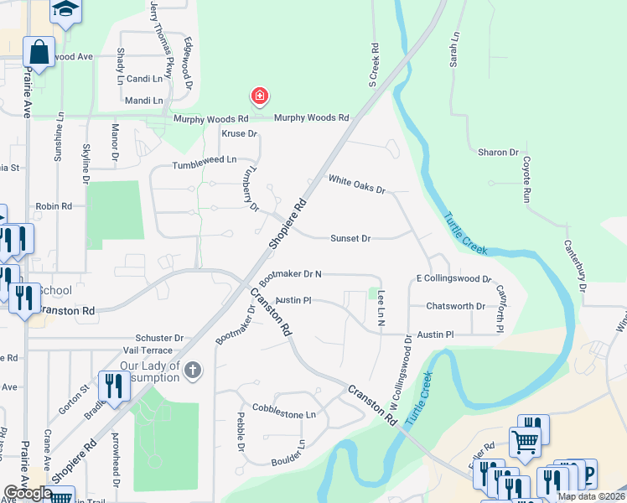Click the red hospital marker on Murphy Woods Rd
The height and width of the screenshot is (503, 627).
tap(260, 97)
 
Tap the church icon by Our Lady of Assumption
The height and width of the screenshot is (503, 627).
tap(194, 371)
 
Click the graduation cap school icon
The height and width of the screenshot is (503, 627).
tap(65, 9)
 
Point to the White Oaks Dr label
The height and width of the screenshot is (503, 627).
tap(356, 184)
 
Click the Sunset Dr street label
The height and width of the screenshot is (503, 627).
tap(350, 239)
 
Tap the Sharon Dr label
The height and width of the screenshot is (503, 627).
tap(498, 153)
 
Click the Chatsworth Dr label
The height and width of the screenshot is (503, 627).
tap(455, 307)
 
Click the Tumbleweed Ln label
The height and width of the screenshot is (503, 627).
tap(205, 159)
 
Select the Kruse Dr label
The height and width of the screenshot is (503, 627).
tap(238, 134)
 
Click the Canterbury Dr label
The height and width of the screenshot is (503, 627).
tap(575, 265)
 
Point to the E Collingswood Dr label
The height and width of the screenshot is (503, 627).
tap(453, 278)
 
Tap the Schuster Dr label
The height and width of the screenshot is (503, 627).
tap(153, 338)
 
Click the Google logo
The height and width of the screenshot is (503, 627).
tap(28, 493)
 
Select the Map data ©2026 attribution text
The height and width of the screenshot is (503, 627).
tap(591, 496)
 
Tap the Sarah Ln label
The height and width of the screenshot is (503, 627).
tap(455, 50)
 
